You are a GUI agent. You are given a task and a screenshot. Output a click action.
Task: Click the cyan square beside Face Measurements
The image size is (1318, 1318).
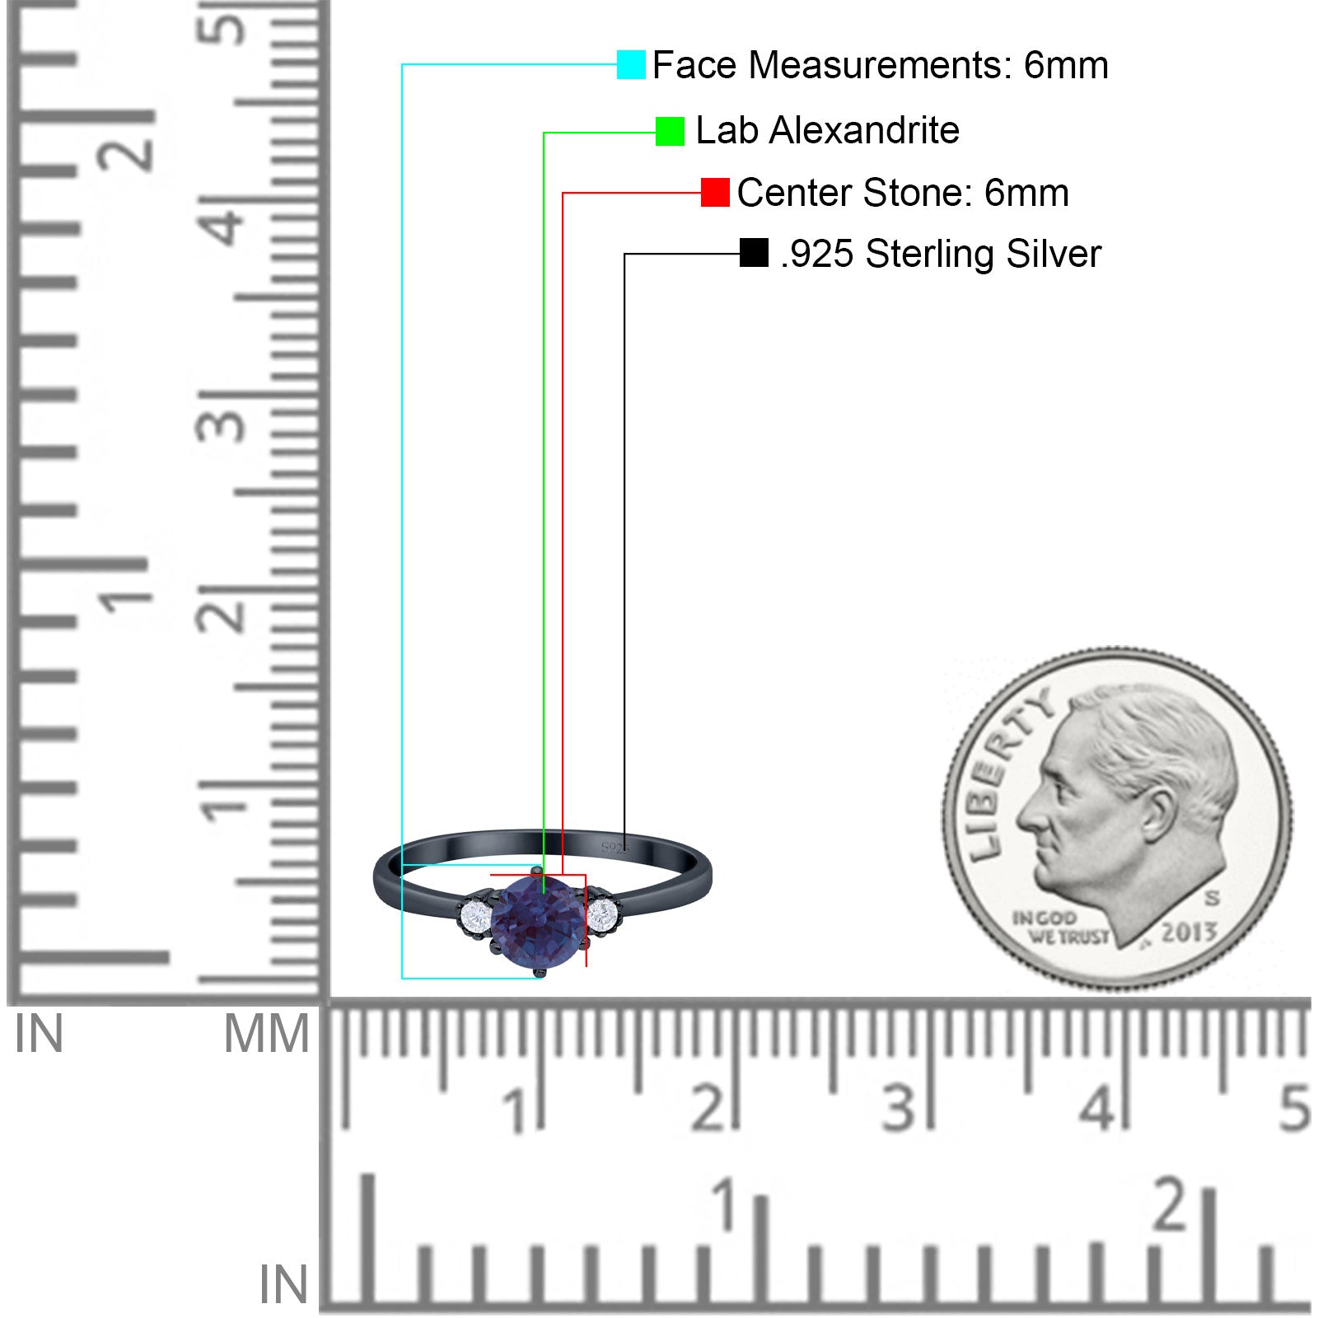pos(631,64)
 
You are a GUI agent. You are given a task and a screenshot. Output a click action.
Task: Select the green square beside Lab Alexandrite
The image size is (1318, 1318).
pos(670,131)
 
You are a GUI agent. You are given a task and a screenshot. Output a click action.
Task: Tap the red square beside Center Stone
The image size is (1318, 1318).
pos(715,193)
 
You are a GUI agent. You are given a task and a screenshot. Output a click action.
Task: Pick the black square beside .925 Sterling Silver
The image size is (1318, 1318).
pos(754,253)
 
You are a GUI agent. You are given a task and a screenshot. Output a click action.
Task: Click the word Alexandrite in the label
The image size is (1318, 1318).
pos(864,130)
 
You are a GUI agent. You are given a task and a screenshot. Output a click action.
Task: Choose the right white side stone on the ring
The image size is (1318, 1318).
pos(603,912)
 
